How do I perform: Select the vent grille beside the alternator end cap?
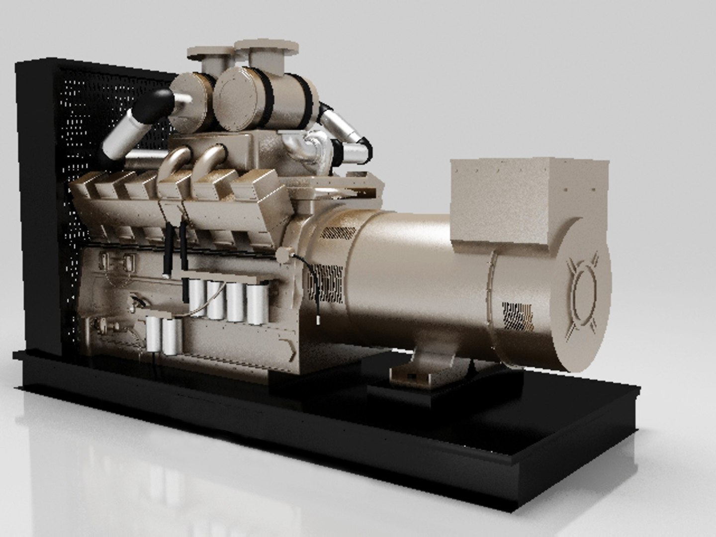point(517,315)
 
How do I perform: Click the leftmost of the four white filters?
point(198,298)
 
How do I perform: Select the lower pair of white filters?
point(164,335)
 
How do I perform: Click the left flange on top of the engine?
point(209,55)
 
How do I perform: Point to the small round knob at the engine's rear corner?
point(285,254)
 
